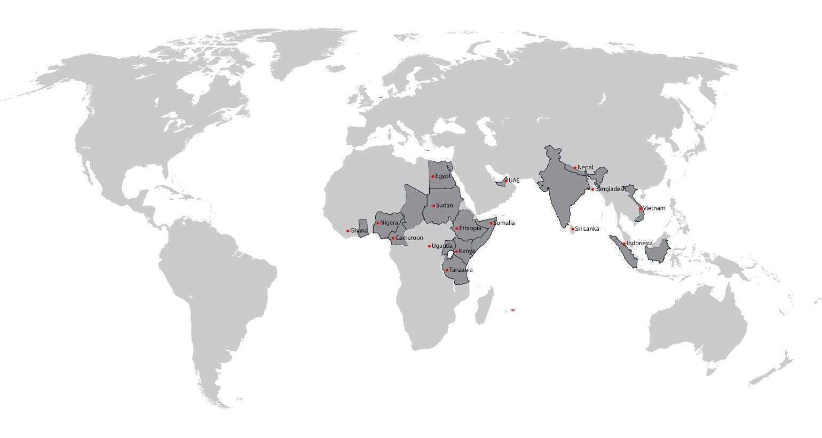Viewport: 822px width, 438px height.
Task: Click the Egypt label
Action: click(443, 176)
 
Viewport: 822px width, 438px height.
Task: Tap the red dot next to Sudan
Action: click(433, 206)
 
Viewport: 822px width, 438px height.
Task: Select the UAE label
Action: click(514, 181)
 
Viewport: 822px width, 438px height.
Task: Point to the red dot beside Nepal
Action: click(575, 168)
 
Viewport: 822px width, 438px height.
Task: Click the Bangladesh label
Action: click(610, 189)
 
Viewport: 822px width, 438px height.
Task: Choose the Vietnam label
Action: click(654, 208)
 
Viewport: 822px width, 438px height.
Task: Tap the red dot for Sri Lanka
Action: click(572, 229)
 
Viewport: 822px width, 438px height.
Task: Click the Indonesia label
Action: click(639, 244)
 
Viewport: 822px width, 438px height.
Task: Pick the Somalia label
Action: click(504, 223)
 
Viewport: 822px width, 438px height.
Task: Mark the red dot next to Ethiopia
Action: click(457, 229)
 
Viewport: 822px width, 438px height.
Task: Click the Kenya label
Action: click(467, 251)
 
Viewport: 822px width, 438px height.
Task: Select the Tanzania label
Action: click(461, 270)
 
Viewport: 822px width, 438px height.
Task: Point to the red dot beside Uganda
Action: click(429, 246)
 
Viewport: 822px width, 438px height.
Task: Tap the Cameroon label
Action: click(409, 238)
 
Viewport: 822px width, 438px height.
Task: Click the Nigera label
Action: click(389, 223)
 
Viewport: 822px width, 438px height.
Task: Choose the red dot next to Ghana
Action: click(347, 231)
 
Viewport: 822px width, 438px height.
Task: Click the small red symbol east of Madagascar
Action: click(512, 310)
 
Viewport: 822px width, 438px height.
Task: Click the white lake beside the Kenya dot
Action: click(450, 254)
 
